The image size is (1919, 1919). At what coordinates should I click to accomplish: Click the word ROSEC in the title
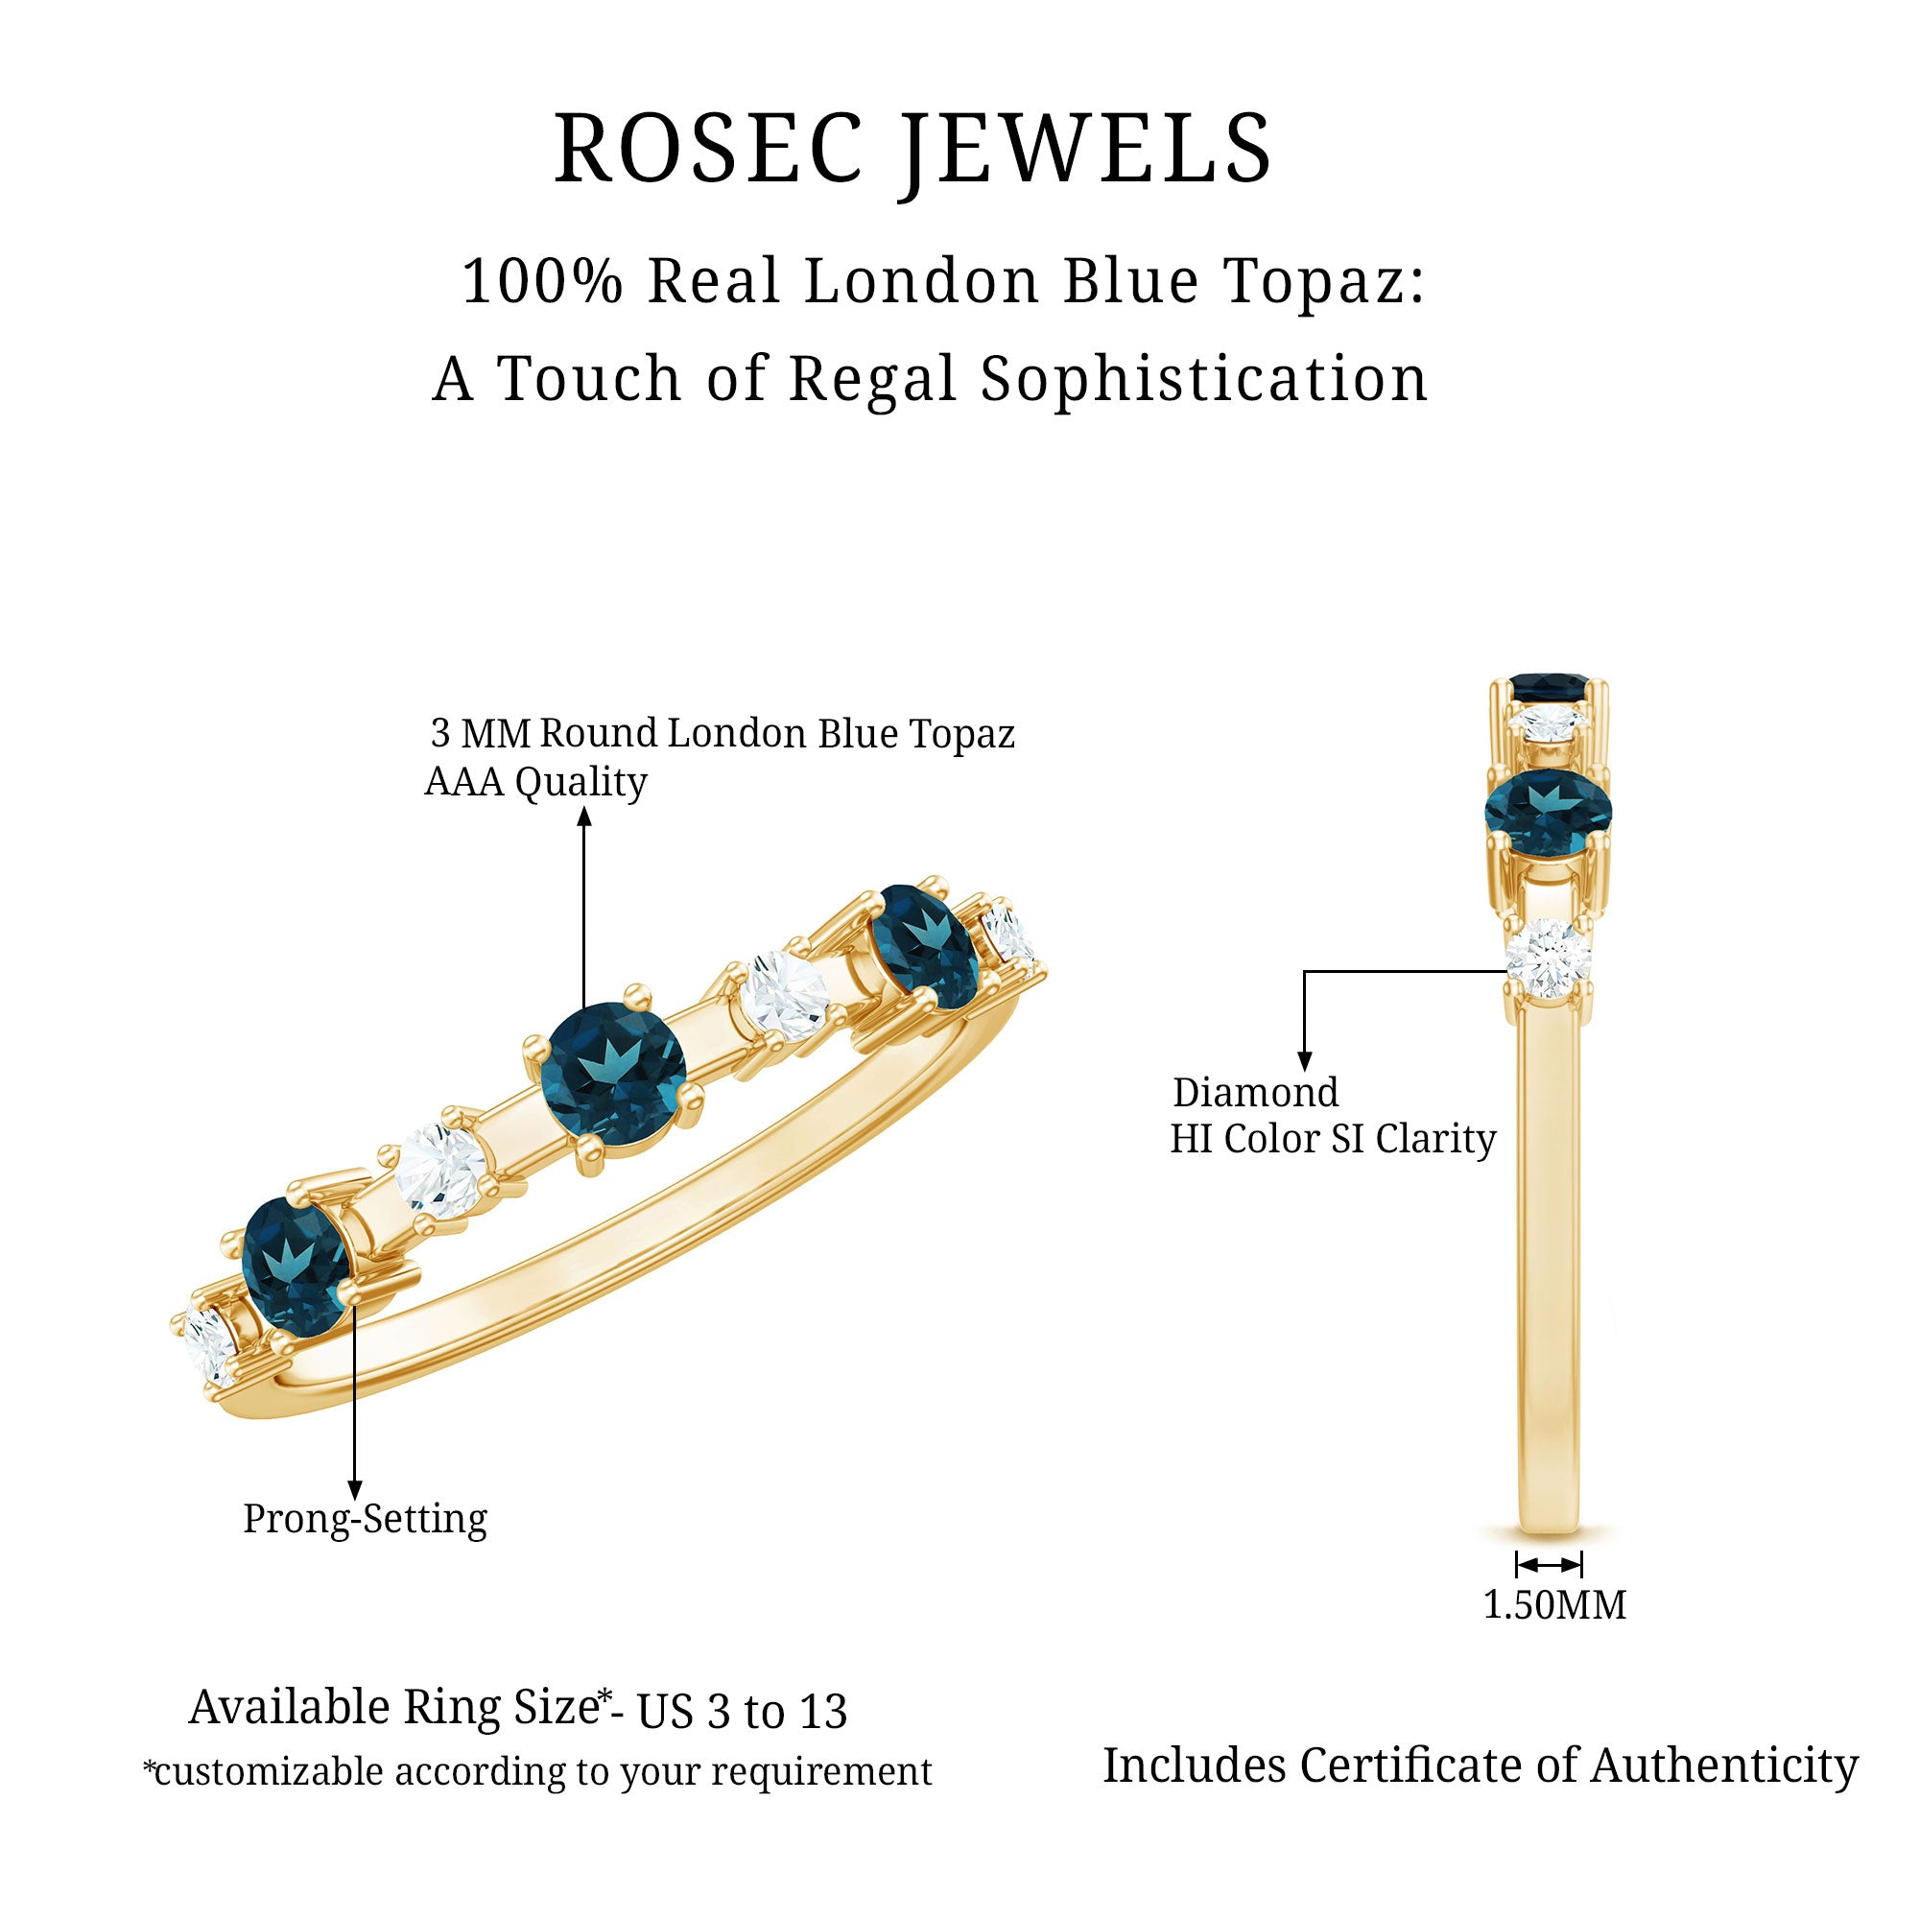click(x=707, y=149)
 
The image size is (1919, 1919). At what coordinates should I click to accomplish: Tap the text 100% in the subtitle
click(x=542, y=281)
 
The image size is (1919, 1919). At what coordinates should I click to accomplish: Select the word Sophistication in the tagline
click(x=1204, y=379)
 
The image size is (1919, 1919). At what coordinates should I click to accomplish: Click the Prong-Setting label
click(x=365, y=1519)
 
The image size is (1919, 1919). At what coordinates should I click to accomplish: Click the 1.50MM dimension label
click(x=1554, y=1606)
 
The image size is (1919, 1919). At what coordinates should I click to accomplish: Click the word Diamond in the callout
click(x=1255, y=1093)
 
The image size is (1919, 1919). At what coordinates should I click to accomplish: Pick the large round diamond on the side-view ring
click(x=1547, y=959)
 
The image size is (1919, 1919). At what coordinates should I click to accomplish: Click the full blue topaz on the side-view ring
click(x=1548, y=813)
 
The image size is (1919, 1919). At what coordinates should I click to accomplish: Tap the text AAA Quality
click(x=535, y=783)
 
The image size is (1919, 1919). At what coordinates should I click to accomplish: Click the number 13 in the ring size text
click(x=822, y=1712)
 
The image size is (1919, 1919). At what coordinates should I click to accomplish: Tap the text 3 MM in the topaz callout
click(x=481, y=734)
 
